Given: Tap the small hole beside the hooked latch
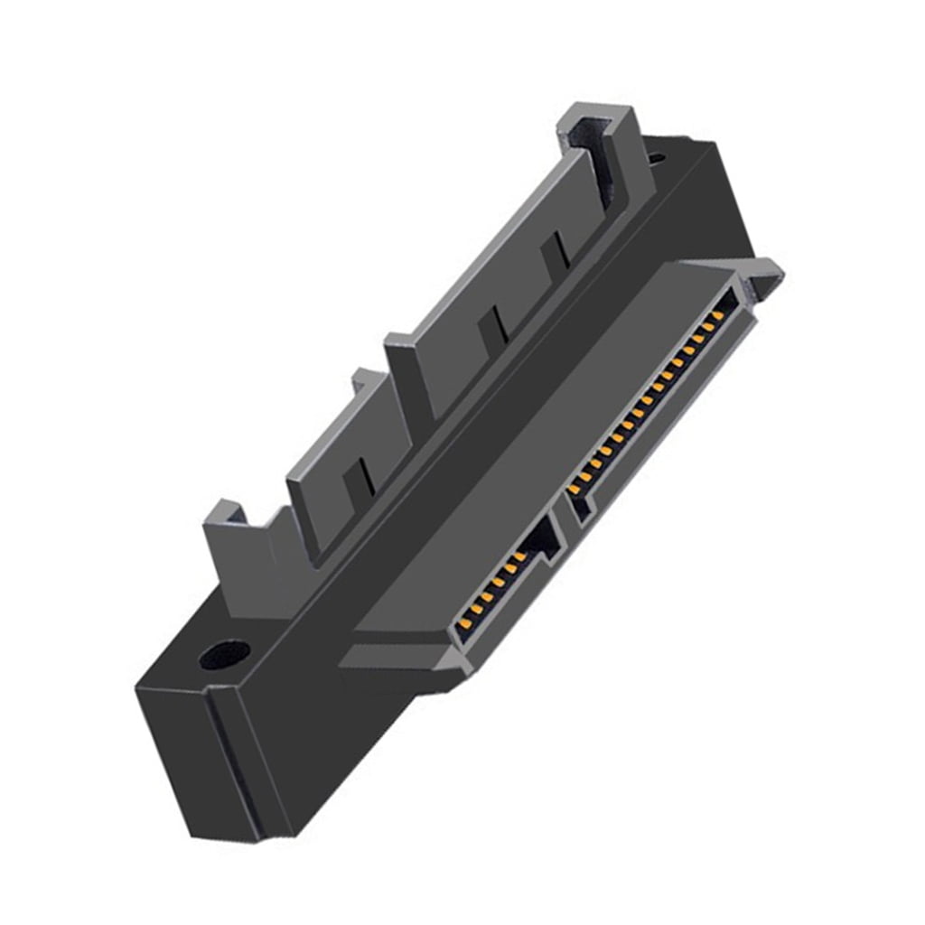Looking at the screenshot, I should pos(656,159).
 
